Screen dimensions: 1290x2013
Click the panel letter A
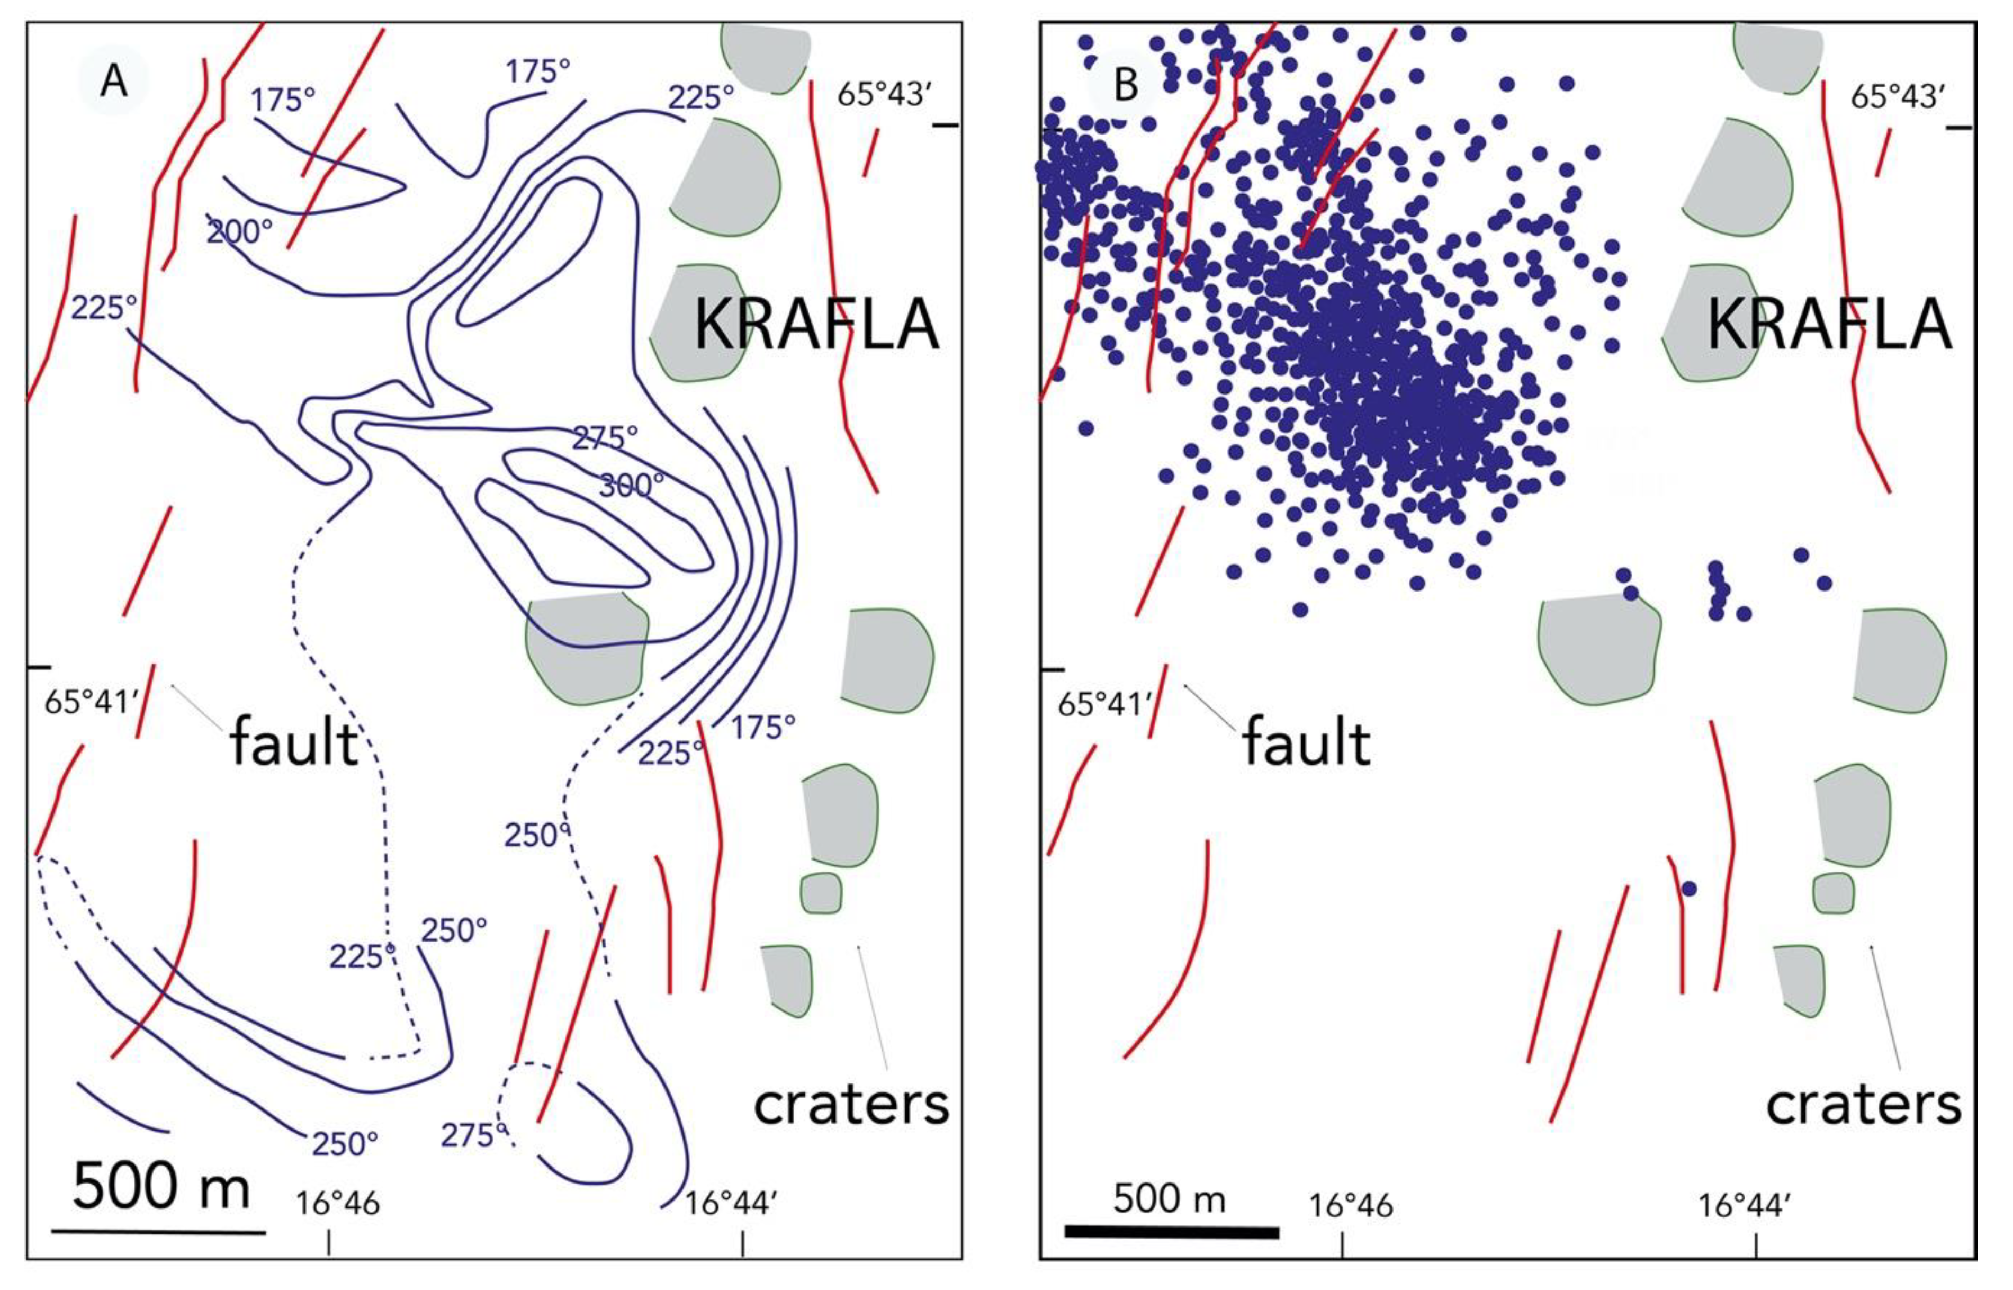(113, 81)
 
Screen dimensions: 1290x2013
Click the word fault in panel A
(294, 743)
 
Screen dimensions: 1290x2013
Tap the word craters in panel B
(1863, 1105)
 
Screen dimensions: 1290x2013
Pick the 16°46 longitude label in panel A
(337, 1204)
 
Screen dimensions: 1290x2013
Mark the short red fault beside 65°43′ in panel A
(871, 153)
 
